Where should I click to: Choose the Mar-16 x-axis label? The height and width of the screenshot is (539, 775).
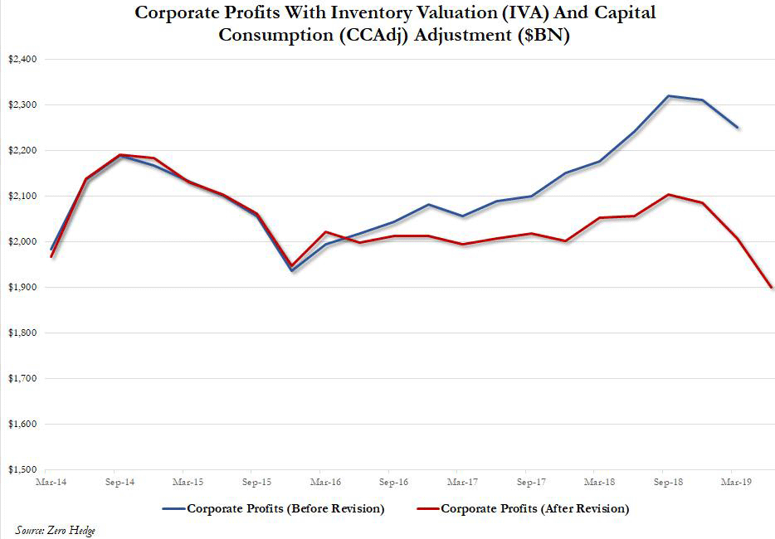(324, 480)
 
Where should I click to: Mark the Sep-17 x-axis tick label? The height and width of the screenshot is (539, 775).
(529, 480)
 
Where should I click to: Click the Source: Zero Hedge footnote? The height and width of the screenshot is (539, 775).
(55, 530)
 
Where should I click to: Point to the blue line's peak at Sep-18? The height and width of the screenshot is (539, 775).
(668, 95)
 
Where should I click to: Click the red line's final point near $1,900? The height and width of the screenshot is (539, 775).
(772, 287)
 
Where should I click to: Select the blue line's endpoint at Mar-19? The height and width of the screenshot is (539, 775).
(738, 128)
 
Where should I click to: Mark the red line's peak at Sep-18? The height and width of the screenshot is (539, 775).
(669, 194)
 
